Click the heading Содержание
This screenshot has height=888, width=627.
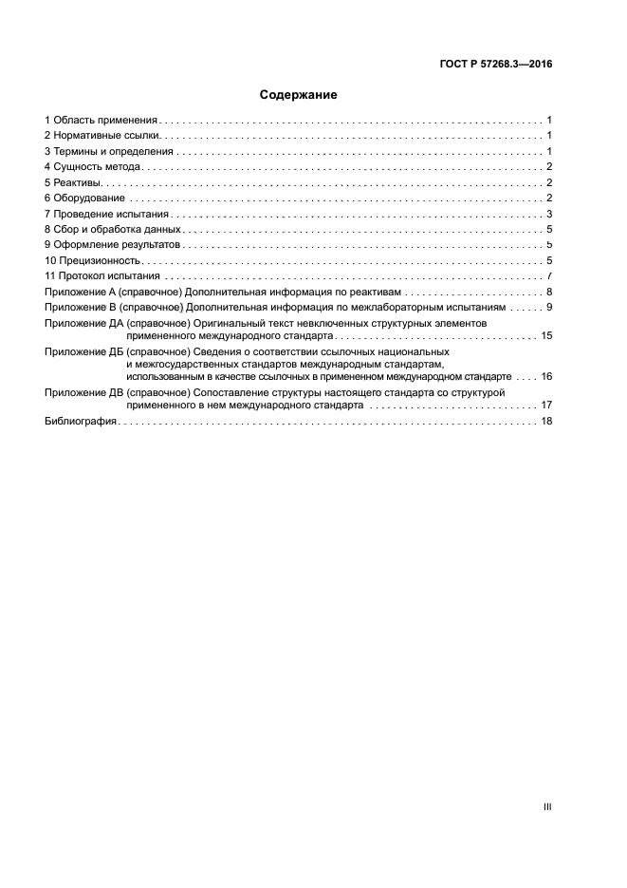tap(299, 95)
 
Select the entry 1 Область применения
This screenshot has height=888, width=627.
tap(101, 121)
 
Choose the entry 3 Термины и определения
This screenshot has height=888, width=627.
tap(109, 151)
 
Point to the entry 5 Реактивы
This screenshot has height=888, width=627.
tap(72, 182)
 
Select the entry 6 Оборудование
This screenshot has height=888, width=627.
tap(84, 198)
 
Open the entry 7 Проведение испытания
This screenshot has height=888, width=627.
tap(100, 214)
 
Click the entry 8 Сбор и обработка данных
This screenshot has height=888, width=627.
tap(112, 229)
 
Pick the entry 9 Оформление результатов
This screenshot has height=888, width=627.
tap(111, 245)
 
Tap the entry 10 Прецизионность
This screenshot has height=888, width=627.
tap(93, 260)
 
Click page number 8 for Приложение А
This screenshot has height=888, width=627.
tap(549, 292)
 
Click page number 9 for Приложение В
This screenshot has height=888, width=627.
tap(549, 308)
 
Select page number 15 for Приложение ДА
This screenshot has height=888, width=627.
tap(546, 336)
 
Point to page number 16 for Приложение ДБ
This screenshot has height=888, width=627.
tap(546, 376)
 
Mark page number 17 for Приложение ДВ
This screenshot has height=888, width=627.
tap(546, 405)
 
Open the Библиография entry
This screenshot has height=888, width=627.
tap(81, 422)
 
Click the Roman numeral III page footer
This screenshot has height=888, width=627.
tap(546, 807)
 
